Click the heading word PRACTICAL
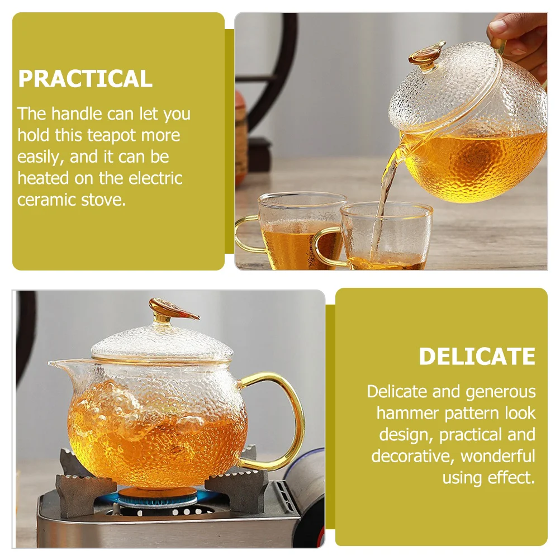point(85,79)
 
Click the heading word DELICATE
point(477,357)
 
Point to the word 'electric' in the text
point(155,178)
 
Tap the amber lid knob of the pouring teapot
point(426,55)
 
